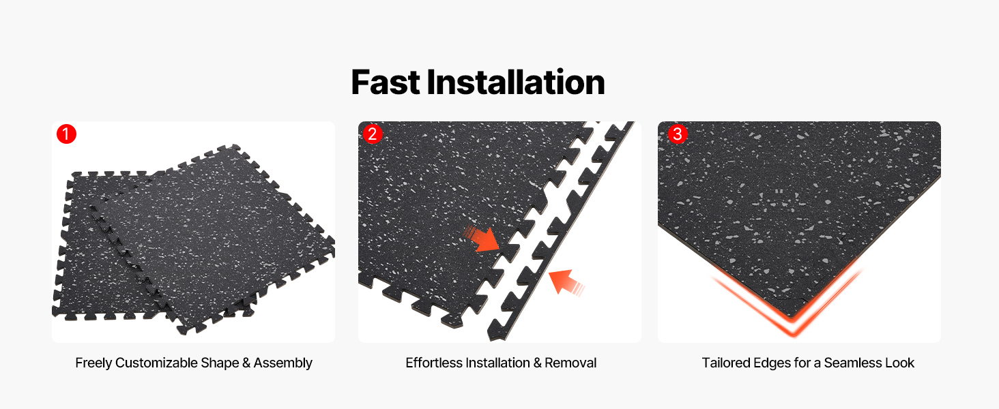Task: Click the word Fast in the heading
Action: point(386,82)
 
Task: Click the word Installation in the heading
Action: point(516,82)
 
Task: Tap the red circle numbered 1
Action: point(66,134)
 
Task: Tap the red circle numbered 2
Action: point(373,134)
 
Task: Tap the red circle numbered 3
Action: point(678,134)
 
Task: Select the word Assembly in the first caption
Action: point(283,363)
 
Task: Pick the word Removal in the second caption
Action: point(570,363)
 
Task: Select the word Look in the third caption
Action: point(899,363)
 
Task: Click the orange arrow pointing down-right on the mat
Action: point(482,239)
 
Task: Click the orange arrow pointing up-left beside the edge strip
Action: point(566,282)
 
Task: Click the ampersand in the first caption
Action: point(246,363)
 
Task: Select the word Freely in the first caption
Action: point(93,363)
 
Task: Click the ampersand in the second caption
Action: point(537,363)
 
